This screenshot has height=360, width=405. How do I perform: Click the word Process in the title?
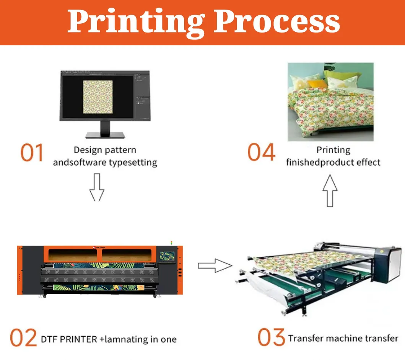(x=277, y=21)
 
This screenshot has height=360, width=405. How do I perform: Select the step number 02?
(x=23, y=338)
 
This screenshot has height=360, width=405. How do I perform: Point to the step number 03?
(x=271, y=337)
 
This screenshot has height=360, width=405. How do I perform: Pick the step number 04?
(x=261, y=152)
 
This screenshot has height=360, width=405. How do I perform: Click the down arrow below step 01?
(x=97, y=187)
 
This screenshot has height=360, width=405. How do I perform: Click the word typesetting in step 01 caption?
(x=133, y=162)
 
